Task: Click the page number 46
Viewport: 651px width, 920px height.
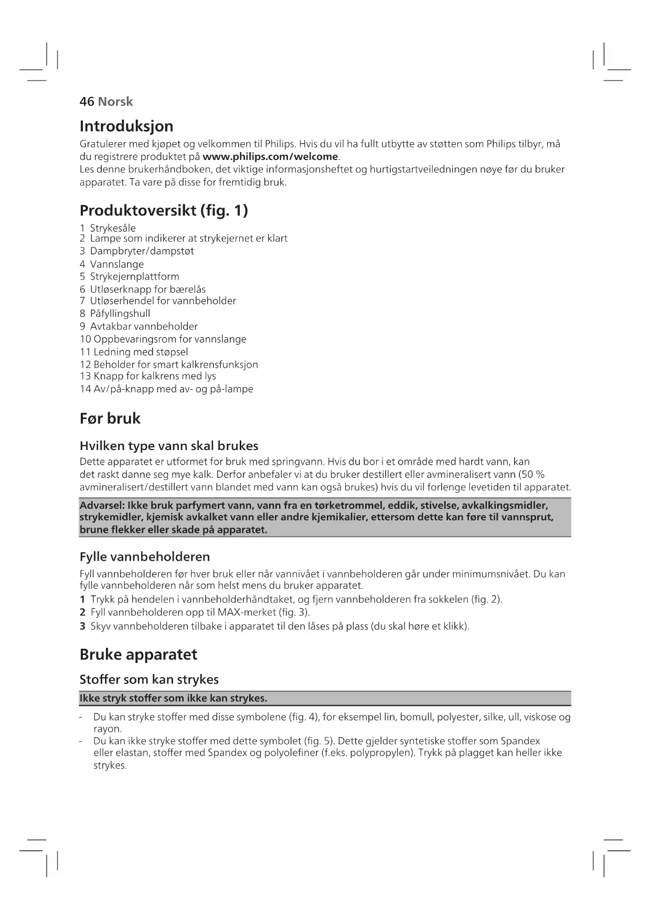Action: click(87, 102)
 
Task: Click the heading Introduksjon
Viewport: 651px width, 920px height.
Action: click(126, 126)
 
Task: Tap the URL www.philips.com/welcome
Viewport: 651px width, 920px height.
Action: click(270, 157)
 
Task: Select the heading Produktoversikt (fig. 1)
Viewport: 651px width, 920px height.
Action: click(164, 211)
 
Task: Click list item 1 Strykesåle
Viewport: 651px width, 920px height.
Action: click(108, 228)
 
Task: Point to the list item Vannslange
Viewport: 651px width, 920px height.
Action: click(116, 264)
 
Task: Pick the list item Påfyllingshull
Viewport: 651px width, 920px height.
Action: click(120, 314)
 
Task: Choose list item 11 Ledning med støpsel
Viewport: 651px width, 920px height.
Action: click(134, 352)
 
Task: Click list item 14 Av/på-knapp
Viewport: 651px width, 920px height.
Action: click(166, 389)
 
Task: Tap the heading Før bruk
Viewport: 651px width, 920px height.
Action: click(110, 419)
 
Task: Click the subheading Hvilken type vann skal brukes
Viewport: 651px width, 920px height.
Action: click(169, 446)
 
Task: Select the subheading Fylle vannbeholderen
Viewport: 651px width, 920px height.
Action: click(145, 557)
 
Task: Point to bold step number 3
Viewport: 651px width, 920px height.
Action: click(82, 626)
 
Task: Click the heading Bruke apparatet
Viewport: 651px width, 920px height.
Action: click(138, 655)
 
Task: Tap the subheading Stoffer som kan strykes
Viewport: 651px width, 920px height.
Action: click(149, 680)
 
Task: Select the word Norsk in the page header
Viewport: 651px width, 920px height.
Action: click(115, 102)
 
